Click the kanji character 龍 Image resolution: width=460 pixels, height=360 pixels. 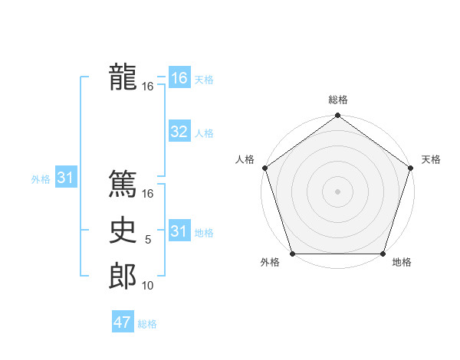pos(123,77)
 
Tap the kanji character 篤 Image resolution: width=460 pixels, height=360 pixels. pos(123,185)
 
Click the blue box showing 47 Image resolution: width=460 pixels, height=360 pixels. pos(123,322)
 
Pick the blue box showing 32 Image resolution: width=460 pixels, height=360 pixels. pos(179,132)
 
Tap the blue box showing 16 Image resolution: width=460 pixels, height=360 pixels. pos(179,78)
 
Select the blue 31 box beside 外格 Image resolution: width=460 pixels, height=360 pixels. pos(65,178)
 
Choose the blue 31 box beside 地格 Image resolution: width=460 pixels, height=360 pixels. pos(179,231)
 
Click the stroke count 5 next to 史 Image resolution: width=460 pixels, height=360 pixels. pos(148,240)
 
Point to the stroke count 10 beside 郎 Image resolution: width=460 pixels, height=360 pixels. pos(148,286)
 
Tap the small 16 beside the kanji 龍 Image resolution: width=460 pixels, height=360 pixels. pos(148,87)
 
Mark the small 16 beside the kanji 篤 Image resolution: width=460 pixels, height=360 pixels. pos(148,194)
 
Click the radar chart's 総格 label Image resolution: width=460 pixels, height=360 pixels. pos(338,100)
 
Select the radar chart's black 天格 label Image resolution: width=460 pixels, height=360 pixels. pos(431,159)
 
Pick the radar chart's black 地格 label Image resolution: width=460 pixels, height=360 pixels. pos(402,263)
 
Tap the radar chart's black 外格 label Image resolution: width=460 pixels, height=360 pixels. pos(270,263)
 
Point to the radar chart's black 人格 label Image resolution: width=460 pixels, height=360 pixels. pos(245,159)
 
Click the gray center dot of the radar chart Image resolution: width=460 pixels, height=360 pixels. pos(337,191)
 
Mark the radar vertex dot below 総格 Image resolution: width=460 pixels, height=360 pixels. pos(337,116)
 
